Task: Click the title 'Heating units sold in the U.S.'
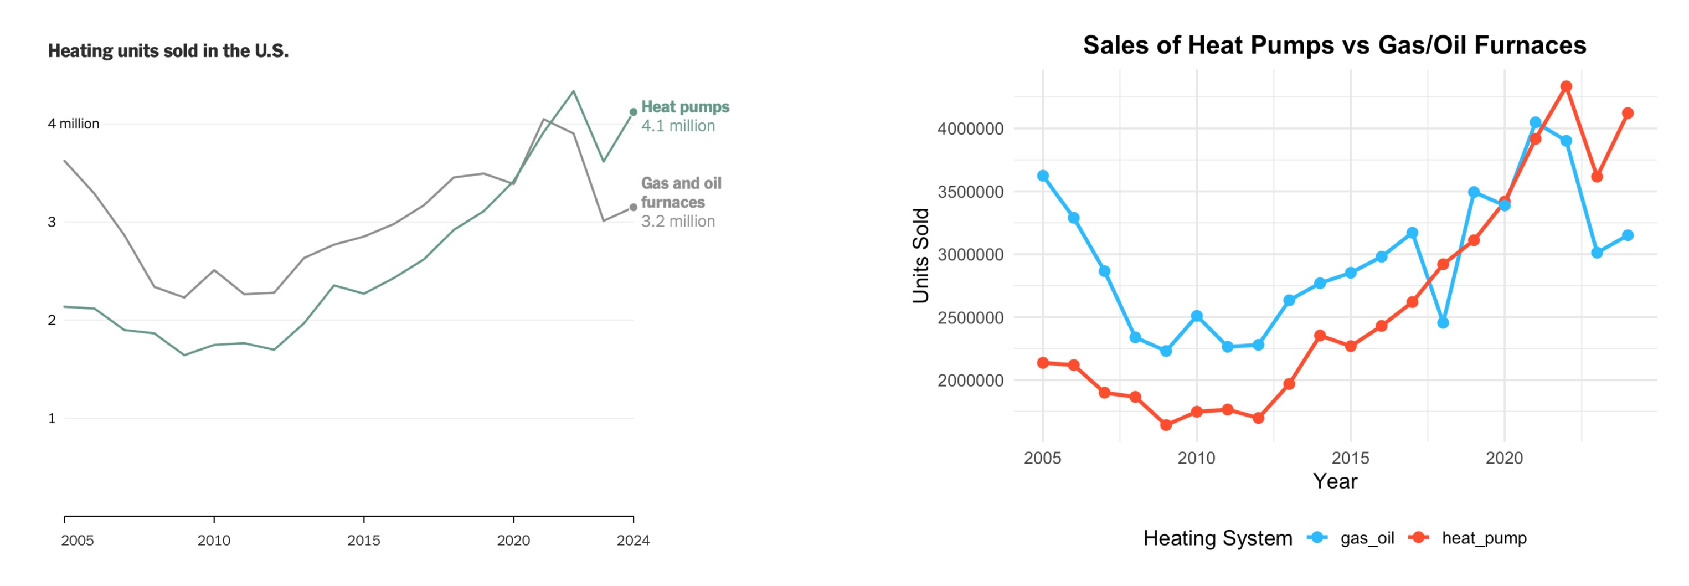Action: pyautogui.click(x=168, y=50)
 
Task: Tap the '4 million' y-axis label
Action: pyautogui.click(x=74, y=124)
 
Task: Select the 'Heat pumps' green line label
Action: pyautogui.click(x=684, y=107)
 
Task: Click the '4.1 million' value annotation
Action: pyautogui.click(x=677, y=126)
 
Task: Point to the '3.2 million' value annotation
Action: pyautogui.click(x=677, y=222)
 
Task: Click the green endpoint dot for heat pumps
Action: pyautogui.click(x=634, y=112)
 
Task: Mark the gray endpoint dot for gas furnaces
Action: pyautogui.click(x=634, y=207)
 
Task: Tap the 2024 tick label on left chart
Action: pyautogui.click(x=633, y=541)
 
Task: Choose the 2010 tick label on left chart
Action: pyautogui.click(x=214, y=541)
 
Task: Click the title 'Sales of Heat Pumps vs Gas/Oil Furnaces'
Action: pyautogui.click(x=1334, y=45)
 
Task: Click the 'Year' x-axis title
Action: pyautogui.click(x=1335, y=482)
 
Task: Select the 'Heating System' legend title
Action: pyautogui.click(x=1218, y=538)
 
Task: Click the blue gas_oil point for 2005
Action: pyautogui.click(x=1043, y=176)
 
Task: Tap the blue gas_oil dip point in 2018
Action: pyautogui.click(x=1443, y=322)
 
